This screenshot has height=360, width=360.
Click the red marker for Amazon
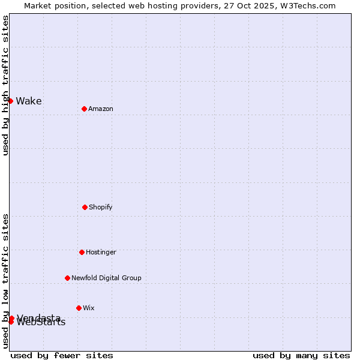click(84, 109)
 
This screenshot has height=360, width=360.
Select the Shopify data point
click(85, 207)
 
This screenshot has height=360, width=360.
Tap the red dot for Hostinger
click(82, 252)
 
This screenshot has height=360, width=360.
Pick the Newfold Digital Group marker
click(67, 278)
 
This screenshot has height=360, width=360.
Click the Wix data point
click(79, 308)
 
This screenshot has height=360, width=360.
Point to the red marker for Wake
click(10, 101)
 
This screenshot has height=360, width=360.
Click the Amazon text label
click(101, 109)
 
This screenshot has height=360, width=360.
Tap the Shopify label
click(101, 207)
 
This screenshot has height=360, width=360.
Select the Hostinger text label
click(101, 252)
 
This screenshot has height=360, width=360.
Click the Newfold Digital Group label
click(106, 278)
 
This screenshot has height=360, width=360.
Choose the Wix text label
click(89, 308)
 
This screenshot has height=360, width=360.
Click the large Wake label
click(29, 101)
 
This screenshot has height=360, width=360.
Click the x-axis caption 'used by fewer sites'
click(62, 355)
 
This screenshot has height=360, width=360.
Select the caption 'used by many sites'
click(301, 355)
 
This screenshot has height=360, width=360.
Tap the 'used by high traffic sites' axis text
click(5, 85)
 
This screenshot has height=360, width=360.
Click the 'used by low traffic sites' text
click(5, 281)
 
